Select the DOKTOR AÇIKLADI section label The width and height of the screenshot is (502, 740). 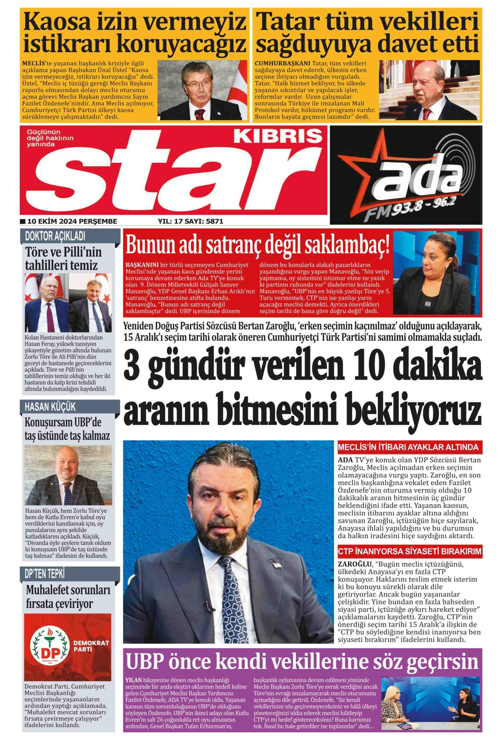[x=55, y=236]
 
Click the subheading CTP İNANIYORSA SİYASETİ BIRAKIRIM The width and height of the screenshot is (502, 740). [x=409, y=551]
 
